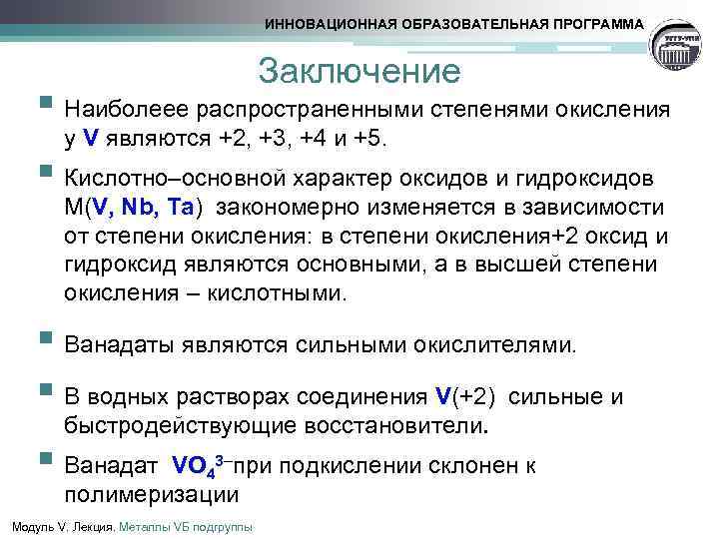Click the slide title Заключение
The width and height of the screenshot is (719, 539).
pyautogui.click(x=359, y=71)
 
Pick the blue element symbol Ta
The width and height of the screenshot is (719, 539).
pyautogui.click(x=184, y=209)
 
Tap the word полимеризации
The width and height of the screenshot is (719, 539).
pyautogui.click(x=151, y=494)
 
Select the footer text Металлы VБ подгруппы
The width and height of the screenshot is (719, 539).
pyautogui.click(x=185, y=527)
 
